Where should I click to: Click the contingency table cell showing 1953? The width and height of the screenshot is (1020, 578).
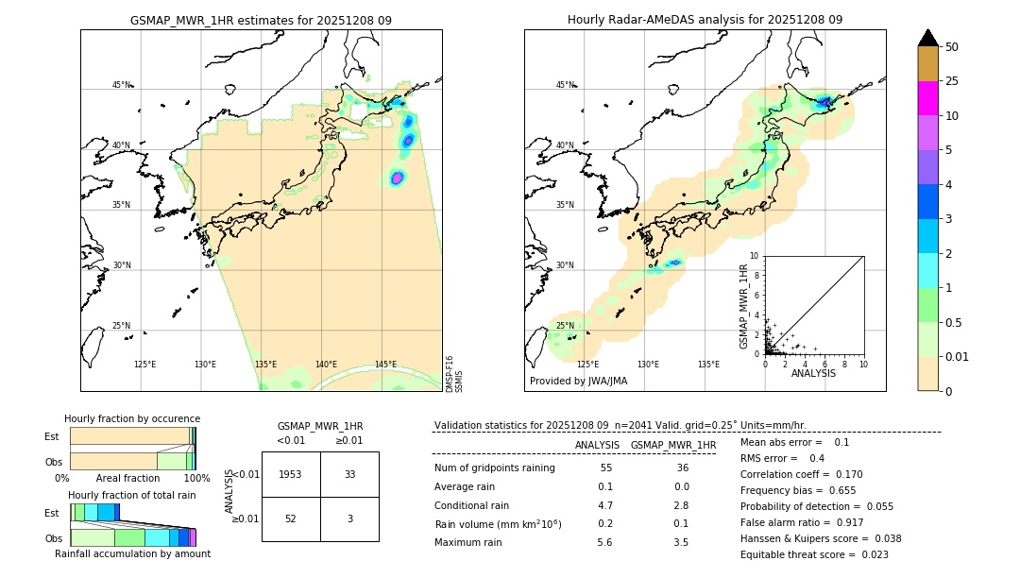click(x=291, y=474)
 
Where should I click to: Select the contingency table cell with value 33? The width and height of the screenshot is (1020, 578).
click(x=349, y=474)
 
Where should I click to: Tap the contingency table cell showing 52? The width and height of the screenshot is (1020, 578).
click(x=291, y=518)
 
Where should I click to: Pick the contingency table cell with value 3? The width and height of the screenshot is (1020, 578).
click(x=349, y=518)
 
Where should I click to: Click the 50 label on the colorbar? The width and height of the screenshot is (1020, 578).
click(x=952, y=47)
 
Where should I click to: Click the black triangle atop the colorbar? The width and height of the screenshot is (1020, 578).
click(x=928, y=38)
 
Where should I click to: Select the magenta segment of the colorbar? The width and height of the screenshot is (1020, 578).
click(x=928, y=98)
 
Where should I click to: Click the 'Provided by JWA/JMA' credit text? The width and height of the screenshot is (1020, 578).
click(x=578, y=382)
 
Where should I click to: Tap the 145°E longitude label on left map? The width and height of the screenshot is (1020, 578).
click(x=385, y=365)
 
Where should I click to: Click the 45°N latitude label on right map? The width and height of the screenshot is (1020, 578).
click(x=565, y=85)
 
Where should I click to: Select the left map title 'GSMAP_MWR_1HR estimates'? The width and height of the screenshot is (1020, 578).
click(x=261, y=20)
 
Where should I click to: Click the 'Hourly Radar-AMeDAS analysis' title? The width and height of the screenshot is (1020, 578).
click(x=705, y=20)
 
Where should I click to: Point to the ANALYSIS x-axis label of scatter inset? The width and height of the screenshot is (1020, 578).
click(x=813, y=373)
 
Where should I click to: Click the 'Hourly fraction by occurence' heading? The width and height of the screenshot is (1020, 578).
click(x=132, y=418)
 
